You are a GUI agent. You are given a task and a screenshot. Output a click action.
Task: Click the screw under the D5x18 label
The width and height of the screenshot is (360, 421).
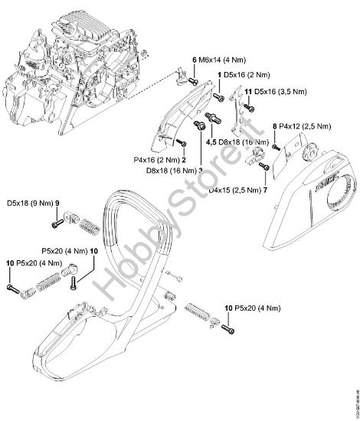(x=56, y=223)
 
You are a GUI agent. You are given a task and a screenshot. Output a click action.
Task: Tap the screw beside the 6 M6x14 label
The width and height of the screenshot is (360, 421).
(x=194, y=80)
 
